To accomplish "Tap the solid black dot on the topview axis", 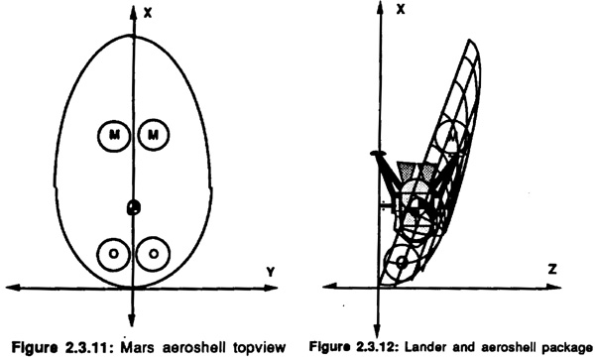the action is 133,207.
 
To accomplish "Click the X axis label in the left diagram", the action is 148,13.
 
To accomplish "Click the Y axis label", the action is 270,272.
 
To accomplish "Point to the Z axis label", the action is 552,270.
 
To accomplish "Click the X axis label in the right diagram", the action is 401,10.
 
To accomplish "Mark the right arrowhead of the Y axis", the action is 271,288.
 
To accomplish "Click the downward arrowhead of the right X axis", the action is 377,331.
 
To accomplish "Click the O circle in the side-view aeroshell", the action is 401,262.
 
